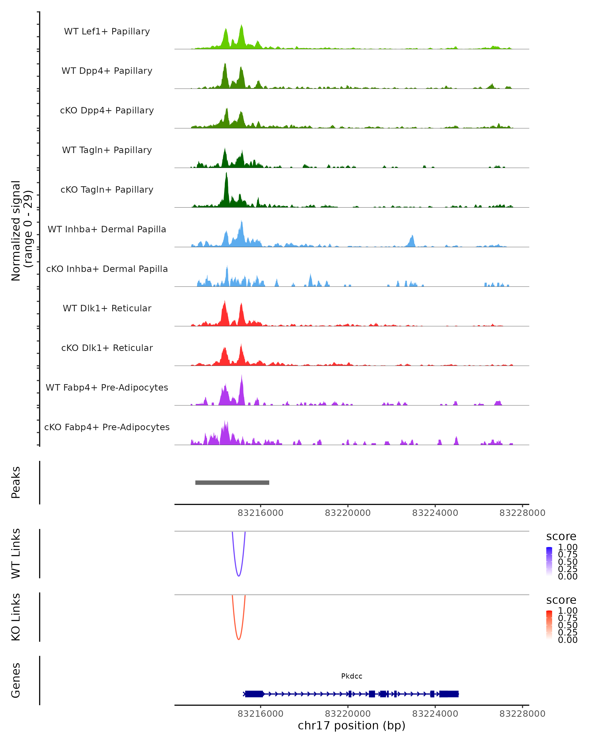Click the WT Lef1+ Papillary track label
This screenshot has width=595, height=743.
pyautogui.click(x=107, y=31)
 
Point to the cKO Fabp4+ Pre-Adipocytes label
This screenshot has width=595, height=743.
pyautogui.click(x=107, y=427)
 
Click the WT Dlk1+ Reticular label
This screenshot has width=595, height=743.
pyautogui.click(x=107, y=308)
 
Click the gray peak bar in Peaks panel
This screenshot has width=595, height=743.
pyautogui.click(x=232, y=482)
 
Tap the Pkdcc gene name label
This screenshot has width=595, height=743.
pyautogui.click(x=352, y=676)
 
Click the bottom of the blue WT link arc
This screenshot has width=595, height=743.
pyautogui.click(x=238, y=576)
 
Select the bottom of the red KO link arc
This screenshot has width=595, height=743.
pyautogui.click(x=238, y=639)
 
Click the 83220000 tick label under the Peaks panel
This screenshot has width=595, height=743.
pyautogui.click(x=348, y=513)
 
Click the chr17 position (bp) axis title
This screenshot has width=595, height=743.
pyautogui.click(x=352, y=725)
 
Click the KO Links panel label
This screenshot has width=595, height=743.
pyautogui.click(x=16, y=617)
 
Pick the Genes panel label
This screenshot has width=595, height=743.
pyautogui.click(x=16, y=680)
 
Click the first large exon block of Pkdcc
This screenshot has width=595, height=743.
pyautogui.click(x=254, y=694)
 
